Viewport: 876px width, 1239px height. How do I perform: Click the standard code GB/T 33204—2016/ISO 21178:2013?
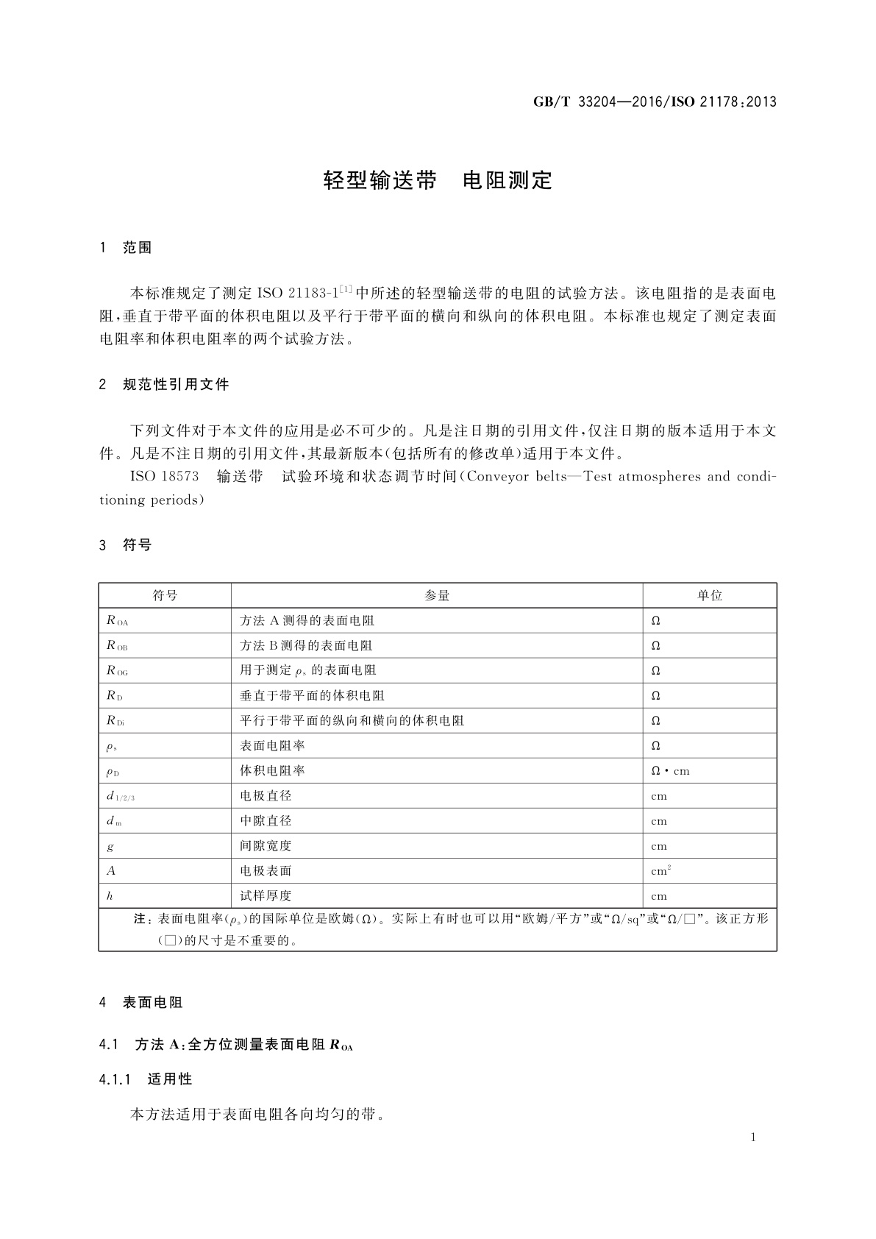(655, 102)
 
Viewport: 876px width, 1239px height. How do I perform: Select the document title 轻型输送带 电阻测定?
(438, 180)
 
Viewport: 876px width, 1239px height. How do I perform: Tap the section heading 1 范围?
(126, 248)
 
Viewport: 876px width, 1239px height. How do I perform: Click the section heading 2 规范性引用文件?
(164, 384)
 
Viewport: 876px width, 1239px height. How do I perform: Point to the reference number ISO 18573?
(164, 476)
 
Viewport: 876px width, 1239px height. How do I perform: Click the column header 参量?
(437, 596)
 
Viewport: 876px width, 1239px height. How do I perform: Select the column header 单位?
(710, 596)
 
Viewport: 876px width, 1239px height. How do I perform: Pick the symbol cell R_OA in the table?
(118, 621)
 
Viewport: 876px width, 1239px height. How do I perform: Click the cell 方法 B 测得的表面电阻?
(307, 646)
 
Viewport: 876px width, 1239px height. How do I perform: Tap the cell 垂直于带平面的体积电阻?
(313, 696)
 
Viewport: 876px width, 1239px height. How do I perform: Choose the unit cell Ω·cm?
(671, 771)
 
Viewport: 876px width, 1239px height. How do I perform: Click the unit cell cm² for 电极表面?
(661, 871)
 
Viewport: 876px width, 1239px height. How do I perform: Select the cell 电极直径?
(266, 796)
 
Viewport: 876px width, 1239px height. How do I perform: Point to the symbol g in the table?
(110, 846)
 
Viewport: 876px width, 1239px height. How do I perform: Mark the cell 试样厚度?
(266, 896)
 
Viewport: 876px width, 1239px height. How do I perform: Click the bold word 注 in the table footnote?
(140, 919)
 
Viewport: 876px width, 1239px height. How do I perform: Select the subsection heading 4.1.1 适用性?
(146, 1079)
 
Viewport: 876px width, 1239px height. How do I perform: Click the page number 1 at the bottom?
(753, 1137)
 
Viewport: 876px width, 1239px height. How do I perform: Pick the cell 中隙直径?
(266, 821)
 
